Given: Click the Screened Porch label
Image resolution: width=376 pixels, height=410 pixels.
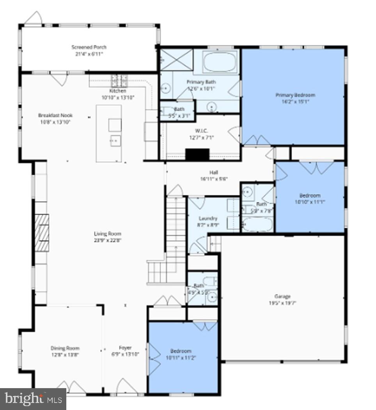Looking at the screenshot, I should tap(89, 47).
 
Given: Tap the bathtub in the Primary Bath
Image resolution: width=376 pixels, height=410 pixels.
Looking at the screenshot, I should tap(220, 62).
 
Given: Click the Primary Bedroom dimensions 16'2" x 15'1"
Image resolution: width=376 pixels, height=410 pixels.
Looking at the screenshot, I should tap(295, 102).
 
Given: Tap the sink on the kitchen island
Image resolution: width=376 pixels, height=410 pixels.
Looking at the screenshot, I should tap(115, 139).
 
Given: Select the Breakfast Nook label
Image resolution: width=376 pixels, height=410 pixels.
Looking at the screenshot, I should tap(55, 115).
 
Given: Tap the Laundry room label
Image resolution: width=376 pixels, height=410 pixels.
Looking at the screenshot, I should tap(208, 218).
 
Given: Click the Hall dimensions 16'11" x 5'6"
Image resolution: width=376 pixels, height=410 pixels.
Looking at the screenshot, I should tap(213, 179).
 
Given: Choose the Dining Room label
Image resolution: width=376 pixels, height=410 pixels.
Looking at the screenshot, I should tap(65, 348).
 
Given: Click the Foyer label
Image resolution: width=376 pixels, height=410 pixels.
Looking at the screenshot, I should tap(125, 348).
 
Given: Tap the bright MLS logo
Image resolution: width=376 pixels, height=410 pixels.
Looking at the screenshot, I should tap(33, 399).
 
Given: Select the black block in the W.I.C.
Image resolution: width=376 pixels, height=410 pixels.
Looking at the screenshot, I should tap(197, 154).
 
